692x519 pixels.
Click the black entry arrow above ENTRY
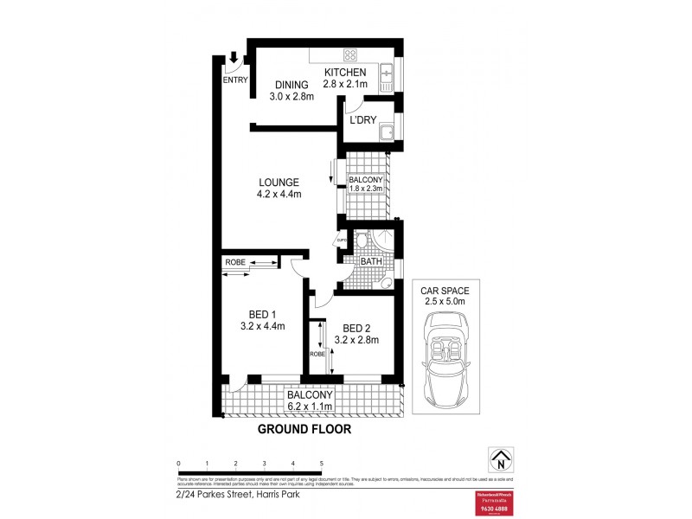[234, 58]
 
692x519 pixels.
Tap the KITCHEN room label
[345, 72]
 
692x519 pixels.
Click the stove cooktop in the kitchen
[330, 54]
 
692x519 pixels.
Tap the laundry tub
[388, 132]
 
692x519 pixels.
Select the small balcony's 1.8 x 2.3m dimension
[365, 188]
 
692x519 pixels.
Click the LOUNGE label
[279, 183]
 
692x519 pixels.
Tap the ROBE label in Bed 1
[235, 262]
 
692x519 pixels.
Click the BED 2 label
[356, 328]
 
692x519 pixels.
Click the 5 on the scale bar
[321, 464]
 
